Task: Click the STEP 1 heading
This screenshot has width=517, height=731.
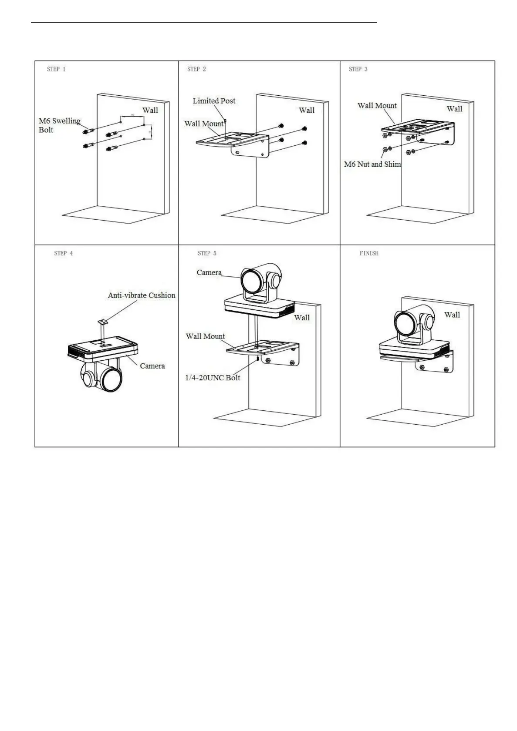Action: [x=56, y=69]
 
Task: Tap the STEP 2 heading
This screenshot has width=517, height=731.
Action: [x=196, y=69]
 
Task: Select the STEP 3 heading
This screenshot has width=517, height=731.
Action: [x=358, y=69]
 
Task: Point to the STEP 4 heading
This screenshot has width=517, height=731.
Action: [x=64, y=253]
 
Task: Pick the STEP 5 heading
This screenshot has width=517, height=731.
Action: [x=207, y=253]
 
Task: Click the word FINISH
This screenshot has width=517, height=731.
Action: [x=369, y=253]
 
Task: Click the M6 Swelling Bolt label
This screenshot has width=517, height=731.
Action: [x=59, y=125]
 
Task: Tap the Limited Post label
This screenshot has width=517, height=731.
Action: [x=214, y=101]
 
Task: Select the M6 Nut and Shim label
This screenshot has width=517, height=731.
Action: [x=372, y=164]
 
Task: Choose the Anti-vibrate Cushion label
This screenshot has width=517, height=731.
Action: [x=142, y=295]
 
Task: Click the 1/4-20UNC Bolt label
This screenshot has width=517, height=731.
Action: [x=213, y=378]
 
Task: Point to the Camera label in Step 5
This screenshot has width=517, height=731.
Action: [x=209, y=273]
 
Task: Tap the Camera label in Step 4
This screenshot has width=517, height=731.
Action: [x=152, y=366]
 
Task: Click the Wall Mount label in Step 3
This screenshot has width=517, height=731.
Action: [x=377, y=106]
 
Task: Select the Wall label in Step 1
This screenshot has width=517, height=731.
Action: [x=150, y=111]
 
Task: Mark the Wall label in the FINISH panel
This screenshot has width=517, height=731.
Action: [x=452, y=315]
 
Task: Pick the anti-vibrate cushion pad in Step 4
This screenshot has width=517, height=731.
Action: [x=103, y=322]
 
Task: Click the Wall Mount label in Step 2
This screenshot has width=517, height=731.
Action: [x=204, y=124]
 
